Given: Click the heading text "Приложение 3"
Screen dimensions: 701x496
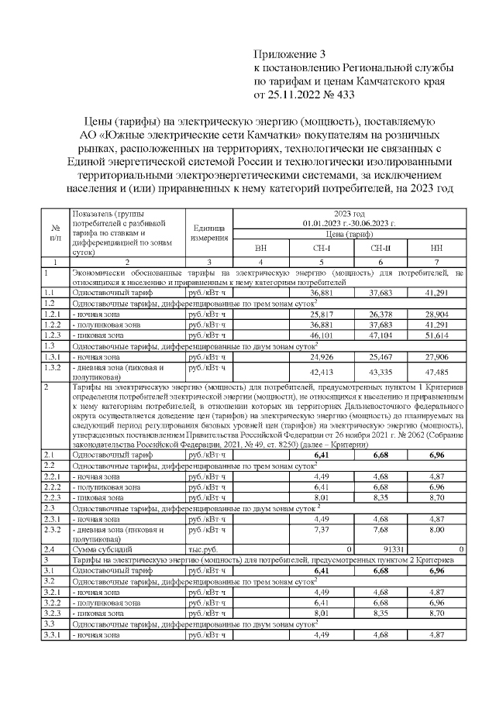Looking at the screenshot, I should [x=291, y=54].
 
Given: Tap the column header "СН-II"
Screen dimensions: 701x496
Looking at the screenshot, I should [x=381, y=249].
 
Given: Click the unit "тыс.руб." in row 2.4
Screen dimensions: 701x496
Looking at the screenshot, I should [x=200, y=548].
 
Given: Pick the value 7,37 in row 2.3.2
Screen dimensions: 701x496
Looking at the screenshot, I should [x=321, y=530].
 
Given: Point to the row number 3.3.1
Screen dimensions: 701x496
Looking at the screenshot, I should [x=53, y=634].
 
